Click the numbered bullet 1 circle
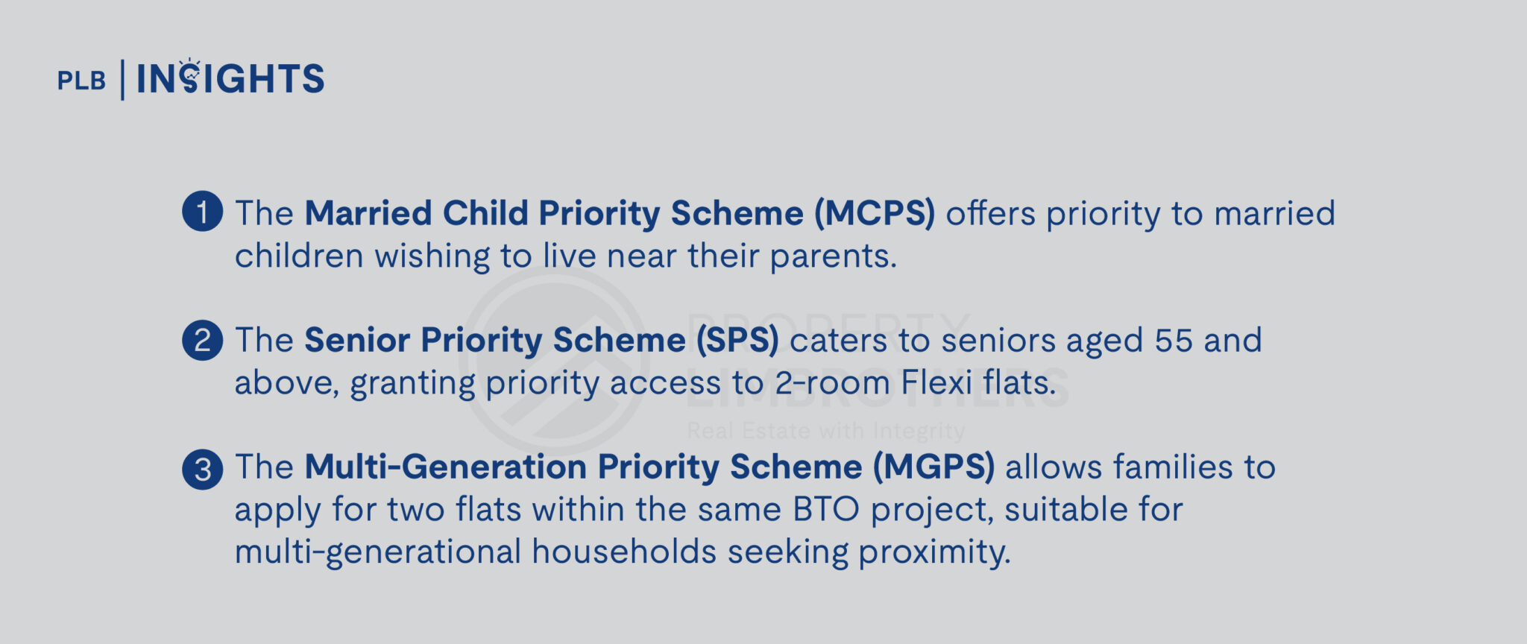click(x=202, y=212)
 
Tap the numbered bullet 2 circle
click(x=202, y=341)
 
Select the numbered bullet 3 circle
click(x=202, y=469)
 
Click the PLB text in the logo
click(x=81, y=80)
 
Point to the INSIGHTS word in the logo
click(x=230, y=79)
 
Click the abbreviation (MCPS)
click(x=874, y=213)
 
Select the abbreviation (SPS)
click(x=737, y=341)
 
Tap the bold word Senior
click(x=357, y=341)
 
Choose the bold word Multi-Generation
click(x=445, y=467)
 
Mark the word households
click(x=624, y=552)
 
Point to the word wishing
click(x=431, y=257)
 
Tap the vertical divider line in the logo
click(x=122, y=80)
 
